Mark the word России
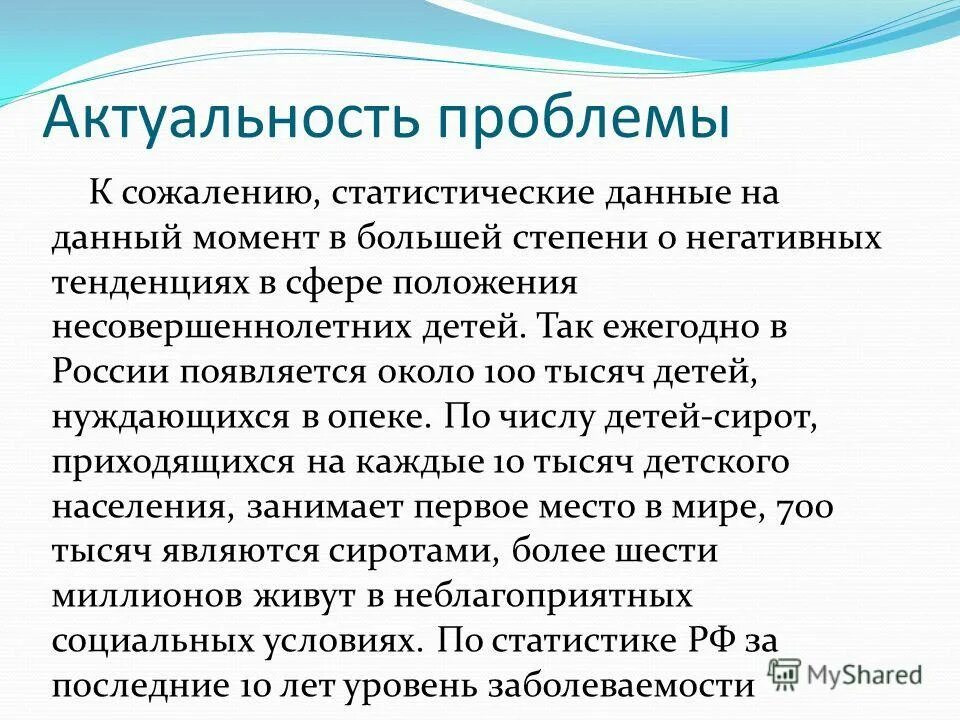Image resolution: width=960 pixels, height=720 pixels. [x=111, y=371]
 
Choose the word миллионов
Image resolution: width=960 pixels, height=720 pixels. [x=144, y=596]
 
